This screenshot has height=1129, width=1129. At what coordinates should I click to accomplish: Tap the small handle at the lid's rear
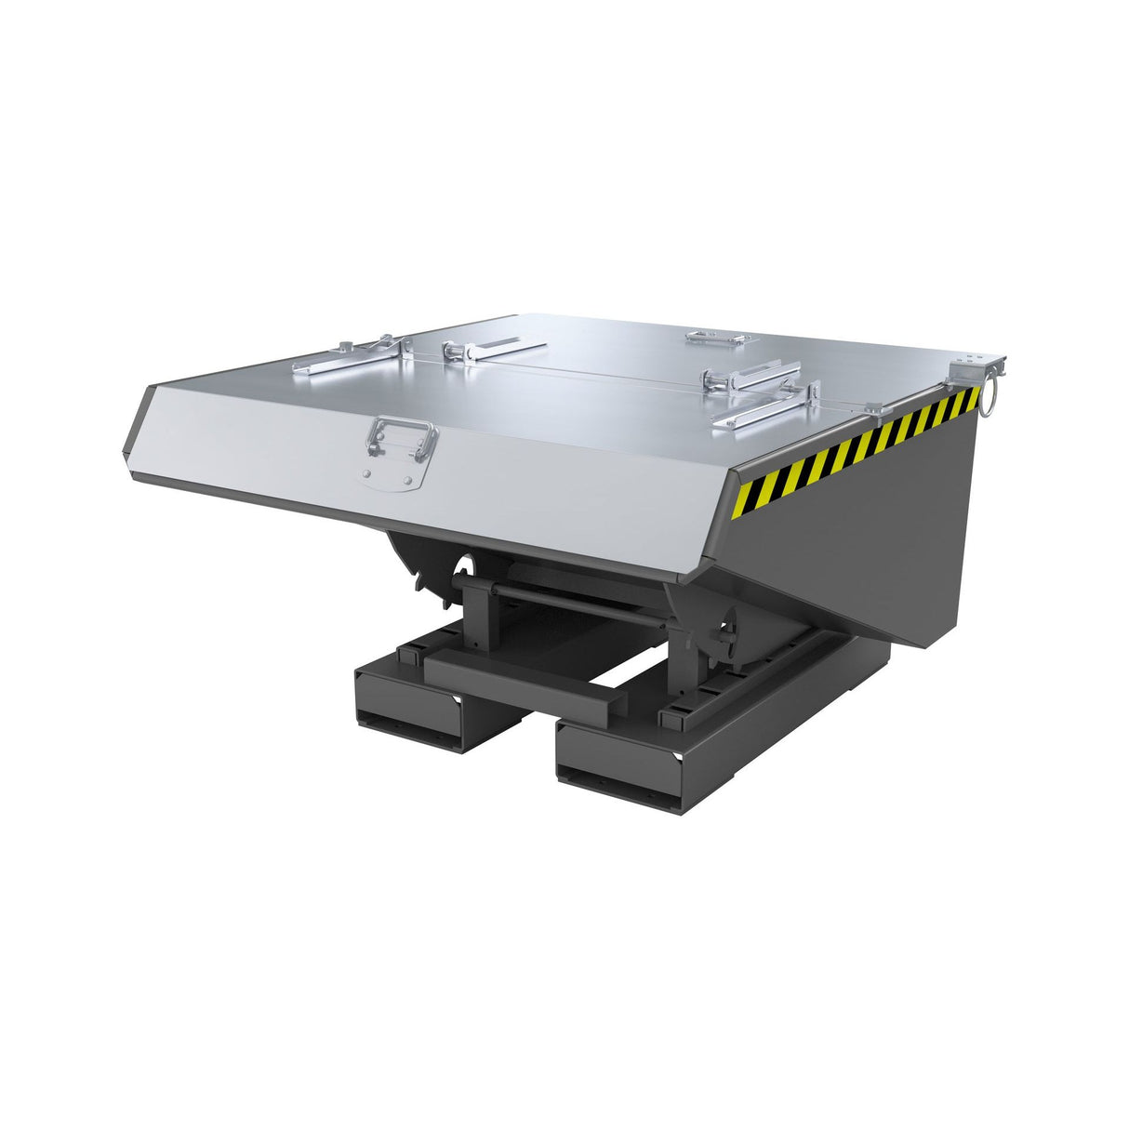[717, 337]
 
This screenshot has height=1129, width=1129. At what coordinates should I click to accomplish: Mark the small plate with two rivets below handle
[389, 476]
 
